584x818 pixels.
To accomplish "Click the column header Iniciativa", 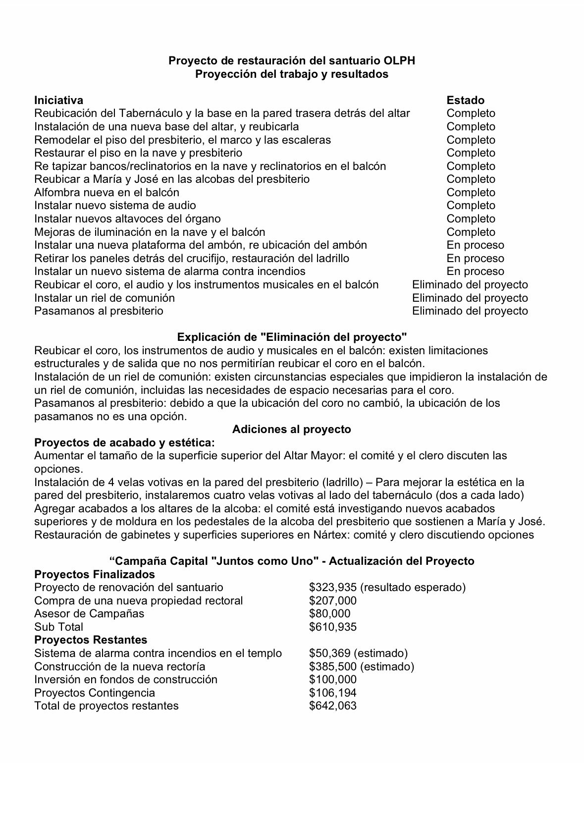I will tap(58, 100).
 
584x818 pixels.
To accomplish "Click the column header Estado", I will tap(465, 100).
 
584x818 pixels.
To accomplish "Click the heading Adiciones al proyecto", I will tap(291, 429).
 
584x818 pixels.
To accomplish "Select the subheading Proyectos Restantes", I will tap(91, 640).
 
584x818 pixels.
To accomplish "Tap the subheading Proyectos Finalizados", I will tap(95, 574).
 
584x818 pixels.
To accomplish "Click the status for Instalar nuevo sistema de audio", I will tap(471, 205).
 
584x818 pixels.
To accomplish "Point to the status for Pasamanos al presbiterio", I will tap(470, 311).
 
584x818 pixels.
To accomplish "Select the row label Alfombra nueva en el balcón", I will tap(106, 192).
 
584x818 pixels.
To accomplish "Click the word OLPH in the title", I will tap(399, 61).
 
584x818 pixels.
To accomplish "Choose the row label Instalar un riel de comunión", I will tap(105, 298).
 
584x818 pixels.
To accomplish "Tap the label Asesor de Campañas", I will tap(89, 613).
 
